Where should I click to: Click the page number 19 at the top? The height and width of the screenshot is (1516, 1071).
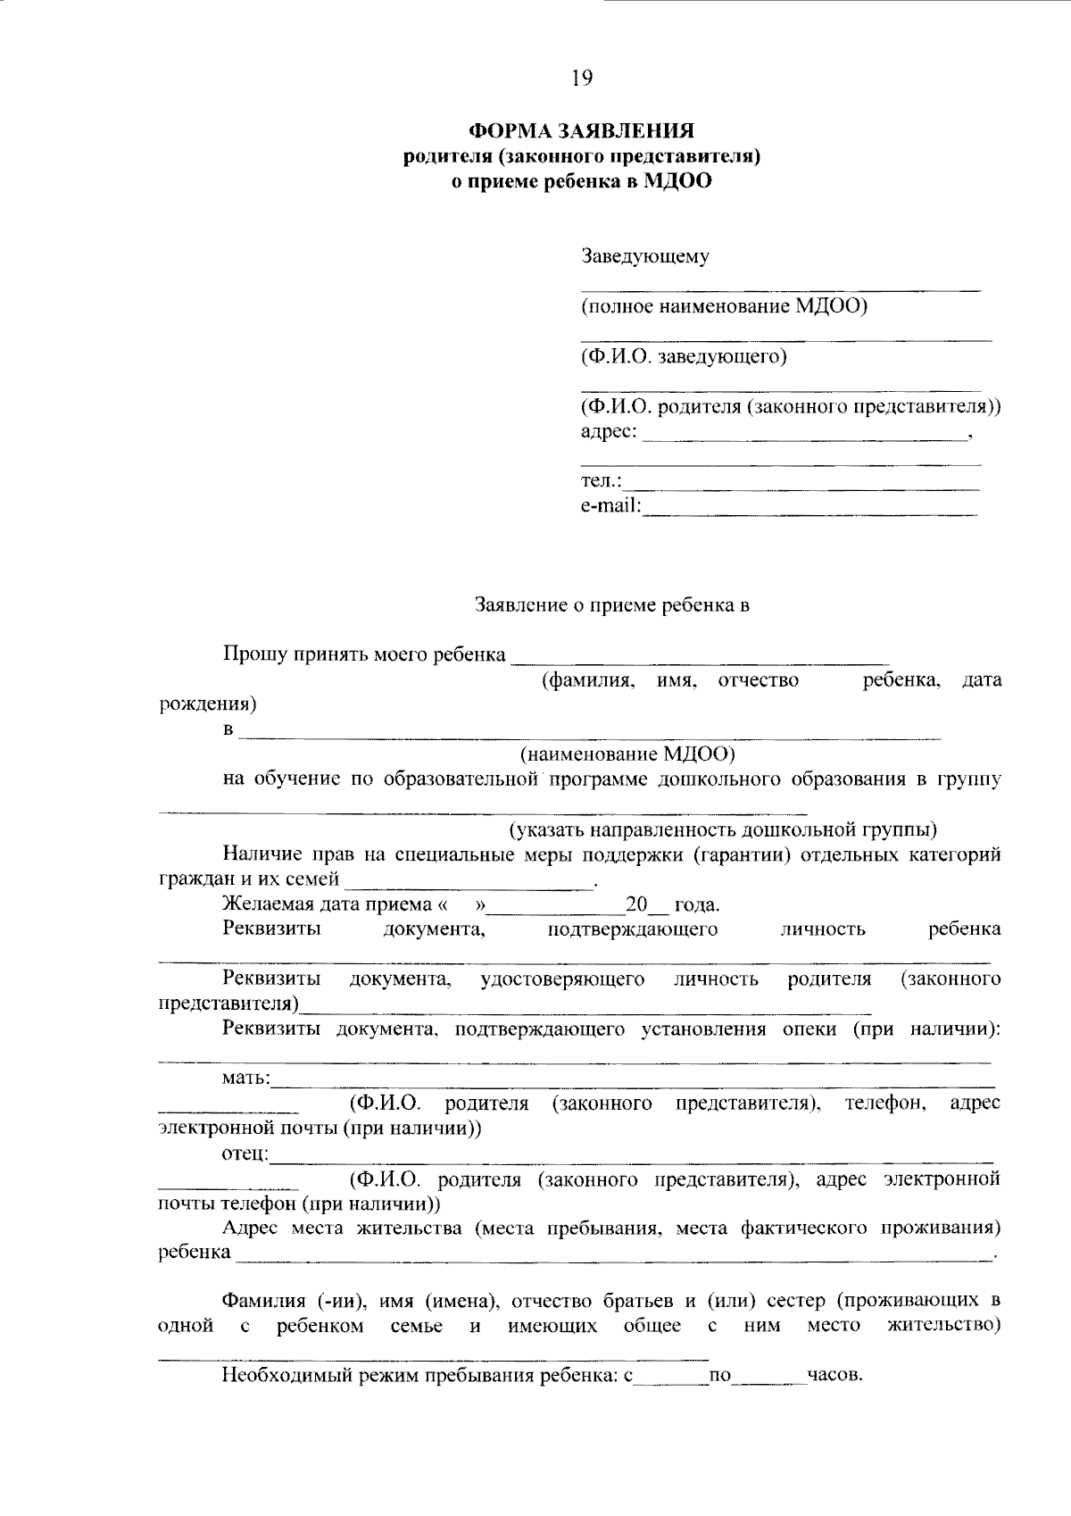(x=581, y=78)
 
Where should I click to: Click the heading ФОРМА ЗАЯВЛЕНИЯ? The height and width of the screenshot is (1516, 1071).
(x=581, y=132)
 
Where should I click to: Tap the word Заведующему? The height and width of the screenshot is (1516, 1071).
(x=645, y=257)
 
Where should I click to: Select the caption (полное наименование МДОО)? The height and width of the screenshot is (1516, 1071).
(x=724, y=307)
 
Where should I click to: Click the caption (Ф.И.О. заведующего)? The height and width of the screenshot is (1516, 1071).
(x=684, y=357)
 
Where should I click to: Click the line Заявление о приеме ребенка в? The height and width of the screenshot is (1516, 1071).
(x=611, y=605)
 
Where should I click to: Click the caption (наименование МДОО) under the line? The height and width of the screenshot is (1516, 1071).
(x=628, y=754)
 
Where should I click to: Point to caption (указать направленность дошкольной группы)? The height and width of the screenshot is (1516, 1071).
(x=723, y=830)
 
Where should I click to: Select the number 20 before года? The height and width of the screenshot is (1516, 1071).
(x=635, y=905)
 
